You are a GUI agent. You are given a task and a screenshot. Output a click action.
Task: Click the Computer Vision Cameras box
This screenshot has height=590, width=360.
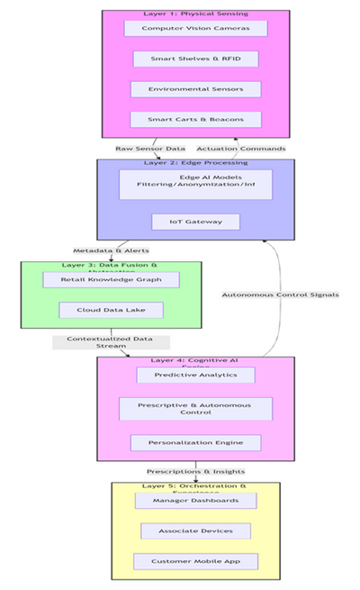pos(195,29)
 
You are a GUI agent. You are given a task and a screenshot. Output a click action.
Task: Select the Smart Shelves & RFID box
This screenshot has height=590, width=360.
pos(195,59)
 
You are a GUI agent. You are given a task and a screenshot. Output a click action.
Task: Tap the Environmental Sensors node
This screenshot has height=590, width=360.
pos(195,89)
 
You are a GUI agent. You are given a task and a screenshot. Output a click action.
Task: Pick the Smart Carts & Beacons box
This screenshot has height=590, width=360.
pos(195,119)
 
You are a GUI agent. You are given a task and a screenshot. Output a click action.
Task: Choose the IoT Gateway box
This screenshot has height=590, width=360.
pos(195,222)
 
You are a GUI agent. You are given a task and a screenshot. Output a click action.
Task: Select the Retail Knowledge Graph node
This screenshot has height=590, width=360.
pos(111,280)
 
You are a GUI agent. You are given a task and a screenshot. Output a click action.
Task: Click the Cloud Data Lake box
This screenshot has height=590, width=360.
pos(111,310)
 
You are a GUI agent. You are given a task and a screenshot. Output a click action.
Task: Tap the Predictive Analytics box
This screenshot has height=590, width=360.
pos(195,375)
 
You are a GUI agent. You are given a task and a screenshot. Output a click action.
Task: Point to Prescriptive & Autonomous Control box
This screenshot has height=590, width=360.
pos(195,408)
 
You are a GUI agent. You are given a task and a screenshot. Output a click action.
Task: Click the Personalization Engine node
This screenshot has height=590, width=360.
pos(195,442)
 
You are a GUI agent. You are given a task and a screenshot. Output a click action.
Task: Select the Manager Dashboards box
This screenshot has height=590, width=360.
pos(195,500)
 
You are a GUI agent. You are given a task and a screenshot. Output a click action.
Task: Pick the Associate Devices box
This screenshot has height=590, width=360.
pos(195,531)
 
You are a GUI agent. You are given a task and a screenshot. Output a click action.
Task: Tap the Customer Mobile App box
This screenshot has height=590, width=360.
pos(195,561)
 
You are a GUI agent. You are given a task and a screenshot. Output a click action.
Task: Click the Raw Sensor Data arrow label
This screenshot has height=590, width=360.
pos(150,149)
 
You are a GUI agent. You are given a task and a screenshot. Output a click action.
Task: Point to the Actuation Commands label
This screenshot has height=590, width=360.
pos(241,149)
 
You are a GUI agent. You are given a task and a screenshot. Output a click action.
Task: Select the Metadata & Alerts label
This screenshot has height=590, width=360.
pos(112,250)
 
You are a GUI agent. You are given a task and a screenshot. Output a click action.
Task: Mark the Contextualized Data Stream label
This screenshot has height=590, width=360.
pos(111,342)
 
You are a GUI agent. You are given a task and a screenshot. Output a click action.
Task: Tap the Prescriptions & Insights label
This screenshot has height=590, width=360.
pos(195,471)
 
